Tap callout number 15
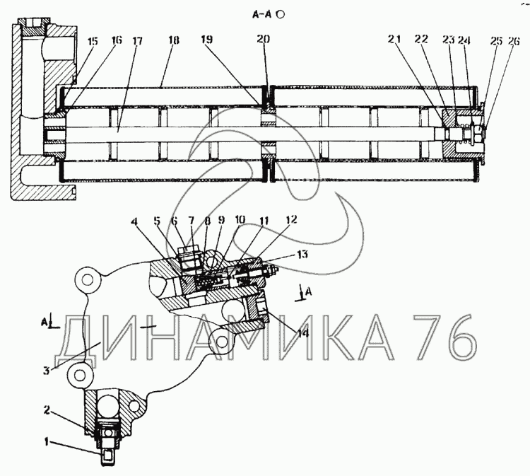click(93, 42)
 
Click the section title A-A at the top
click(262, 13)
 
